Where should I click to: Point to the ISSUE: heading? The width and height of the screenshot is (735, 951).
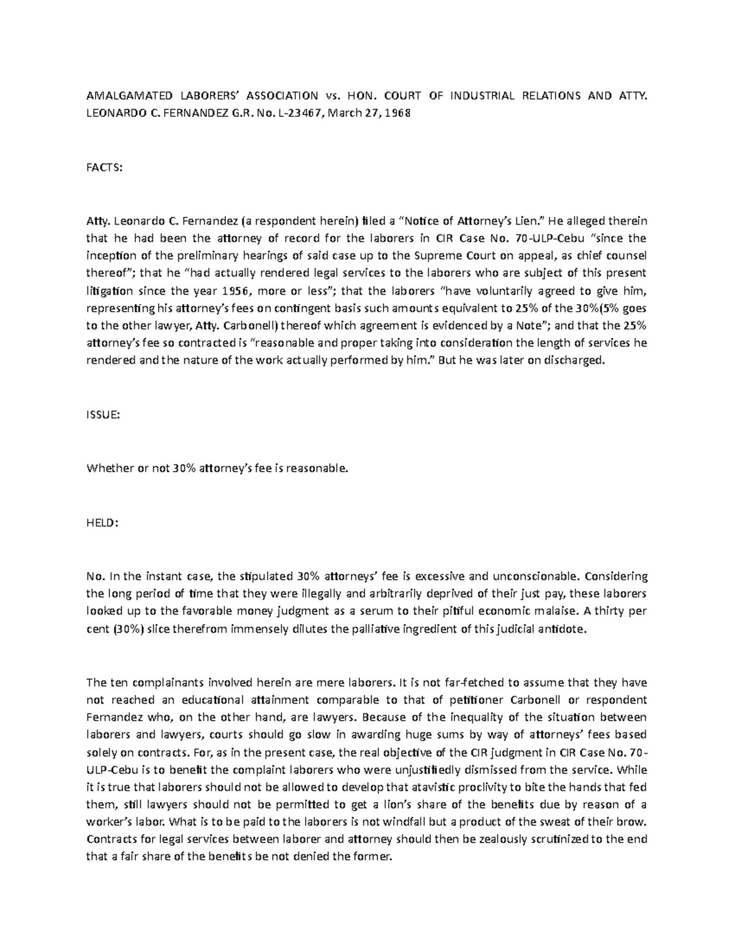(103, 415)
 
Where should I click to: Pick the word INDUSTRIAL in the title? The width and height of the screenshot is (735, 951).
(481, 96)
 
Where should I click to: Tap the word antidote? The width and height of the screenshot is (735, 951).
(563, 628)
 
